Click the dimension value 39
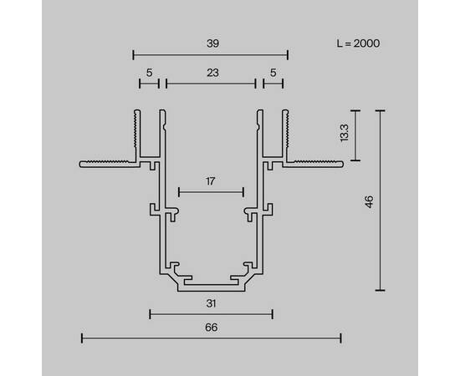coord(211,42)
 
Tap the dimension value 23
coord(211,73)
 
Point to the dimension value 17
coord(211,180)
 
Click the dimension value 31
coord(211,304)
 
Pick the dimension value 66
coord(211,328)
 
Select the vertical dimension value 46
coord(369,201)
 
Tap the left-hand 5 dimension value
coord(149,73)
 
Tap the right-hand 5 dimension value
coord(272,73)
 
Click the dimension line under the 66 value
coord(211,338)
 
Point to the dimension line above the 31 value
coord(211,314)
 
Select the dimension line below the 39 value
coord(211,56)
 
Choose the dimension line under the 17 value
coord(211,193)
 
